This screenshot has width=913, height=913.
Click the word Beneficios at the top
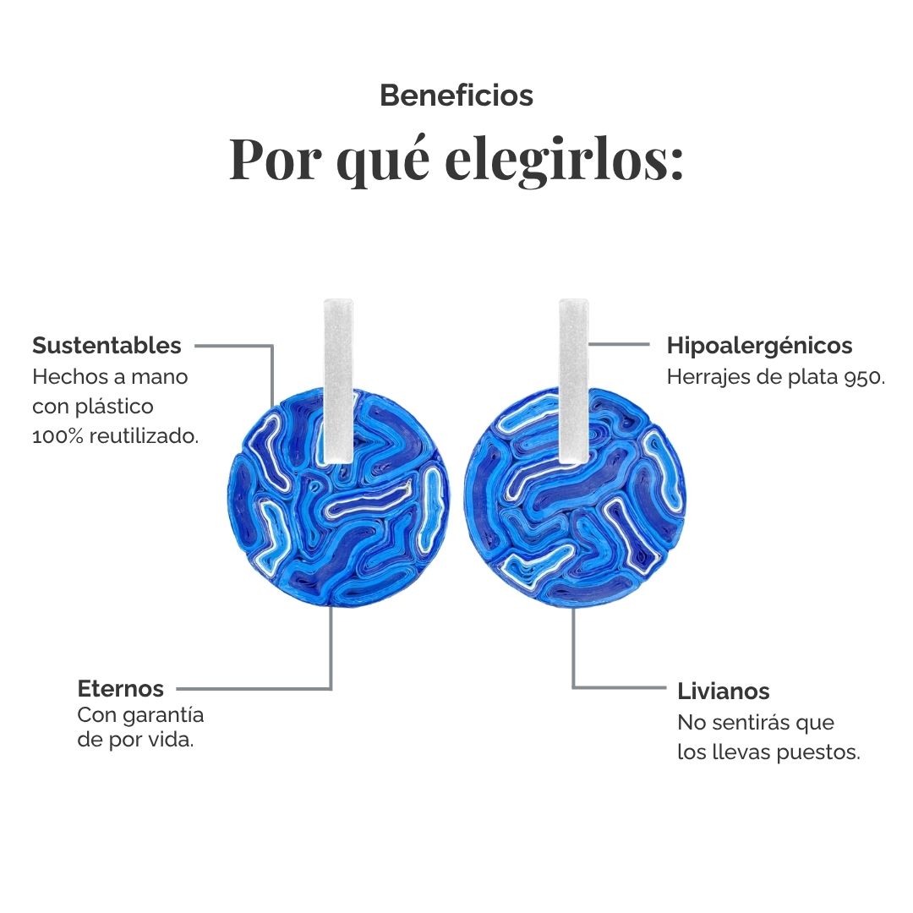click(x=456, y=96)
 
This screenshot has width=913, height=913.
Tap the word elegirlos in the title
click(x=564, y=160)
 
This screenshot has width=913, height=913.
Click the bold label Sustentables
click(x=107, y=345)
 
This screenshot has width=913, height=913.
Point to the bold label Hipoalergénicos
click(x=759, y=346)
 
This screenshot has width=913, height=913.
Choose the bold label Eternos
click(x=121, y=689)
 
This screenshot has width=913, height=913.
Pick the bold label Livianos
click(x=723, y=692)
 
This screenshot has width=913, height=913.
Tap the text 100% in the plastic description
click(x=57, y=436)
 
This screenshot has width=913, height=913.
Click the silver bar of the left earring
click(x=338, y=381)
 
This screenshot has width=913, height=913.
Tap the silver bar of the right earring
click(x=573, y=381)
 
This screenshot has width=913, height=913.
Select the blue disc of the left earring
click(x=338, y=499)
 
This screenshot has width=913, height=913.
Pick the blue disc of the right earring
click(x=575, y=499)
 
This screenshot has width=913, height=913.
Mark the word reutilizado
click(x=144, y=436)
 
